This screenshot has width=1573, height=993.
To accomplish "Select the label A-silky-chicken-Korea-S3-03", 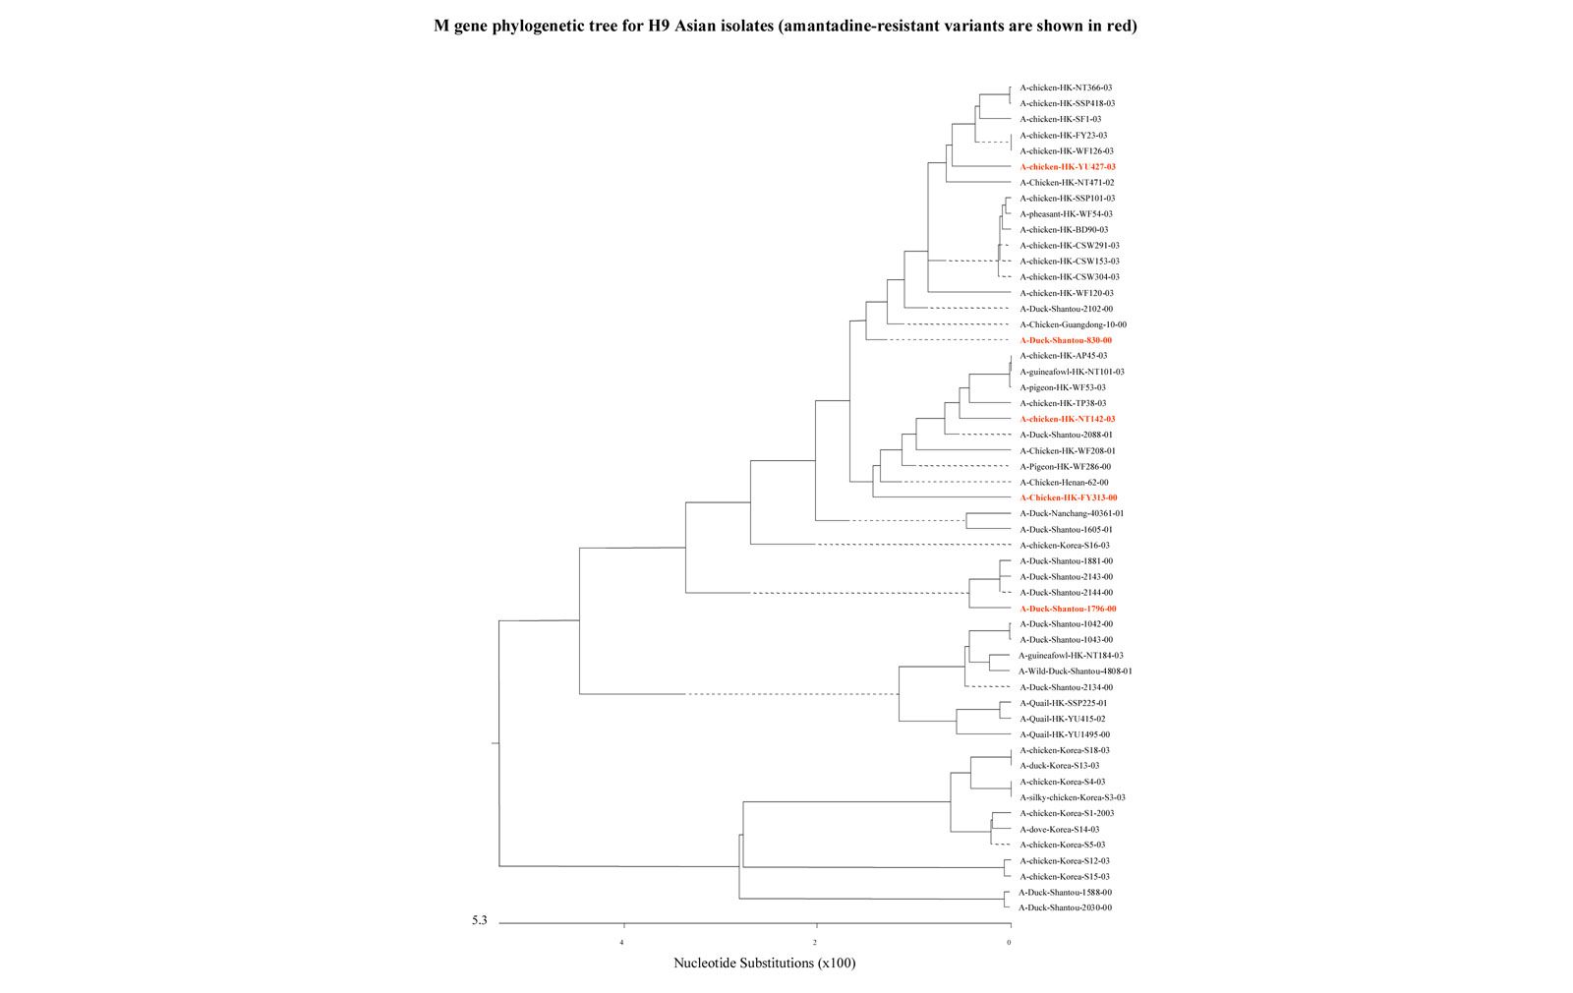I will point(1073,797).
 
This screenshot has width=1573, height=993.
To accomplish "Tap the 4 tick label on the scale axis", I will point(621,943).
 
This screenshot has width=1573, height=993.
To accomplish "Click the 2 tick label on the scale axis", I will point(815,943).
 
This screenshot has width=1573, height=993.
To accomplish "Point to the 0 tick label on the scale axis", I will point(1009,943).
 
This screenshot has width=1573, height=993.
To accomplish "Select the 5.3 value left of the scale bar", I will point(479,921).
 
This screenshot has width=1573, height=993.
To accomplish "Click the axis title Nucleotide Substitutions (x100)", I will point(764,964).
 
